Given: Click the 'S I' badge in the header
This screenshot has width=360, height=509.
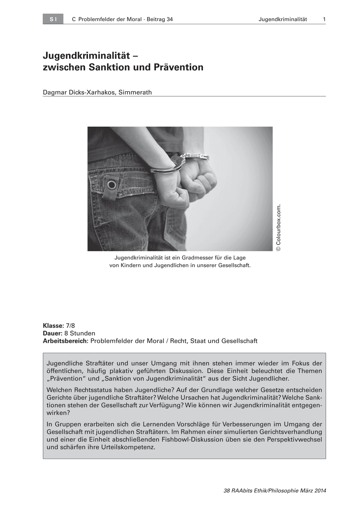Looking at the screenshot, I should [53, 20].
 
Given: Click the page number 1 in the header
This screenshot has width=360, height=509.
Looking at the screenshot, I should [324, 20].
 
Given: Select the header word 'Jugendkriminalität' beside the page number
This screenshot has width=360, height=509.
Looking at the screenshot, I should [282, 20].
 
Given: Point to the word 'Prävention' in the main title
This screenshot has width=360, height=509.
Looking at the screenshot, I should [180, 67].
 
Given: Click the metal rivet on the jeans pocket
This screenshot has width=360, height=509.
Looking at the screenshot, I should [112, 185].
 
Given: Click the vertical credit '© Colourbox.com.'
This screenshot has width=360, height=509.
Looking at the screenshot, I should [278, 228].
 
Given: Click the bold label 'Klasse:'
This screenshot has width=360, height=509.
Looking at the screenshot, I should [52, 326].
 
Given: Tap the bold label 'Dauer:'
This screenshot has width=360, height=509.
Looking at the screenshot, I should [53, 333].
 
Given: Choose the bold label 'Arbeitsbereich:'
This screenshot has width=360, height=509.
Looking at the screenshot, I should [66, 341].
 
